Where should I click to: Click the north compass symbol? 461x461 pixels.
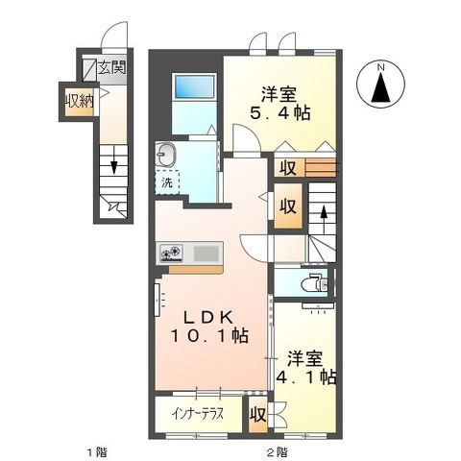coord(381,87)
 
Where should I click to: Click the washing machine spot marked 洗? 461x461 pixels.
coord(167,182)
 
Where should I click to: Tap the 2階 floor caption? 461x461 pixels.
coord(277,450)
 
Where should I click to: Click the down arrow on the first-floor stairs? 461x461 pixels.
coord(111,166)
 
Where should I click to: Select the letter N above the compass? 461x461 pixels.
coord(381,65)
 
